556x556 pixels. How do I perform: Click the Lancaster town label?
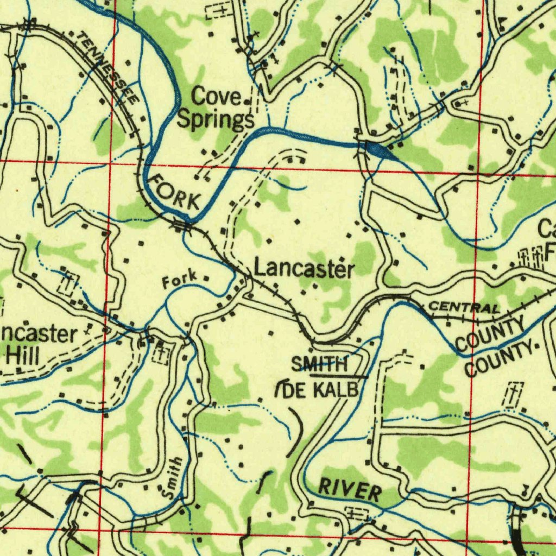pyautogui.click(x=304, y=268)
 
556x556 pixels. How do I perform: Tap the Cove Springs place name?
pyautogui.click(x=216, y=108)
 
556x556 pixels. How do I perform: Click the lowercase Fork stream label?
pyautogui.click(x=179, y=282)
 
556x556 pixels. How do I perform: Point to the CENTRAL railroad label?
pyautogui.click(x=464, y=307)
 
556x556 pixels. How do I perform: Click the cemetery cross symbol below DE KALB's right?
pyautogui.click(x=514, y=395)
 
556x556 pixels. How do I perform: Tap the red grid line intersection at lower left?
pyautogui.click(x=101, y=528)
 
